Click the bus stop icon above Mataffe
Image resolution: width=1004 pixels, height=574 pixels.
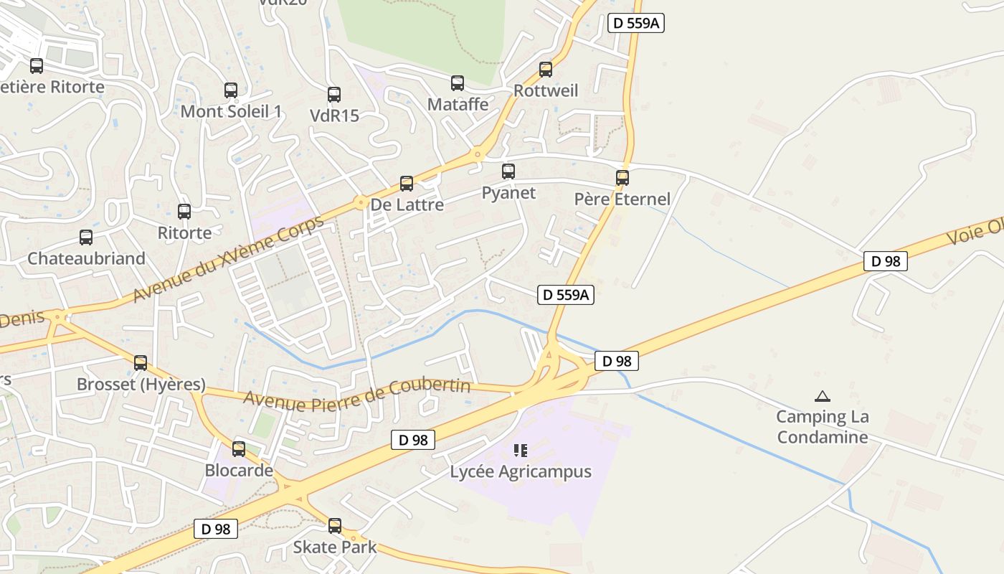pos(458,83)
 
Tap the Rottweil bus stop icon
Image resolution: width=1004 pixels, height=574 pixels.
pos(546,70)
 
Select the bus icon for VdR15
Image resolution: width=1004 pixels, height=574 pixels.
pos(334,95)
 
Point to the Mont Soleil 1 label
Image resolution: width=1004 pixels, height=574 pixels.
pos(231,111)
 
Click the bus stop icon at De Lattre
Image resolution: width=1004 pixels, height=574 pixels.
pos(407,184)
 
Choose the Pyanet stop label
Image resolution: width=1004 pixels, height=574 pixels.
pos(508,192)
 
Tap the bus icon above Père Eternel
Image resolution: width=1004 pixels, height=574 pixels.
pos(622,178)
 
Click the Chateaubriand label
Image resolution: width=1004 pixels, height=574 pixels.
pos(86,258)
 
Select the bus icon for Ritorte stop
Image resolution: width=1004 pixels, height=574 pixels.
pos(184,212)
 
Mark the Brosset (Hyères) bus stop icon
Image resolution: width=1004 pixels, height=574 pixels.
pos(141,363)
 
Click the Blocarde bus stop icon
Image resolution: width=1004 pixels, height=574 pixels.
pos(239,450)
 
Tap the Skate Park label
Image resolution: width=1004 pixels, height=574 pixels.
pos(334,547)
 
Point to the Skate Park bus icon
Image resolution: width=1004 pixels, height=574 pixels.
pos(335,526)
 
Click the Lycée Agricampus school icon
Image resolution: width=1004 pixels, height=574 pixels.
pos(521,451)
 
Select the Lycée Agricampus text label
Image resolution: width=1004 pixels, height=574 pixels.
pos(521,471)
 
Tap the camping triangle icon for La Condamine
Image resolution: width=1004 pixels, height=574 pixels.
pos(823,396)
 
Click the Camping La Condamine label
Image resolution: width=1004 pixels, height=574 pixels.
pos(823,427)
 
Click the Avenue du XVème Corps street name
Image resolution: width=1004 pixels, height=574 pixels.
pos(228,259)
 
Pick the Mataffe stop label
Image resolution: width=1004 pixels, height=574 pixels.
pos(458,104)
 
